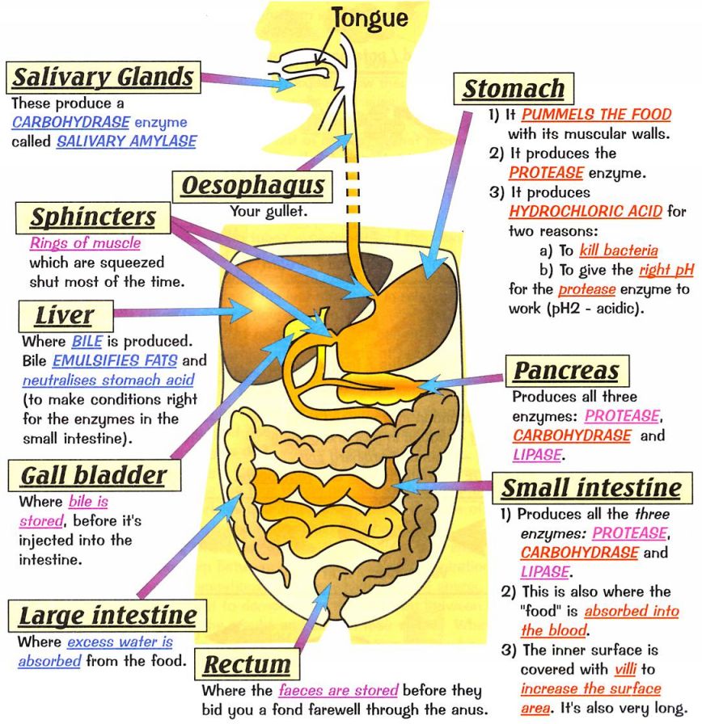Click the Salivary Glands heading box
tap(103, 78)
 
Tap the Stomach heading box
tap(514, 89)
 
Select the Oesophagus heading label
tap(252, 187)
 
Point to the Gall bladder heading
tap(92, 474)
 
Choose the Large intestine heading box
tap(108, 616)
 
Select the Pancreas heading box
tap(566, 371)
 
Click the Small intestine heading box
tap(591, 488)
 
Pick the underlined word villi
tap(623, 669)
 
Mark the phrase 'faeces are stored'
tap(339, 692)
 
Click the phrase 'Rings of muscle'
tap(85, 243)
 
